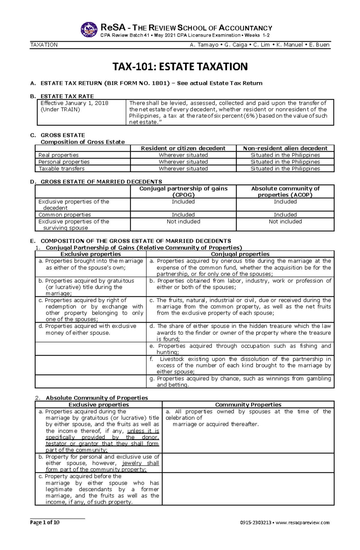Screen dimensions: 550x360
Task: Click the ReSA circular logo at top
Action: pyautogui.click(x=89, y=30)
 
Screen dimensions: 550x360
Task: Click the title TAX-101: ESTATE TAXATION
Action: pyautogui.click(x=180, y=67)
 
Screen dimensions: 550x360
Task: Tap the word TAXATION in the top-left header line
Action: pyautogui.click(x=44, y=45)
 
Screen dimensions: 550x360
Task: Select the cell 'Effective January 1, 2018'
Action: pyautogui.click(x=74, y=103)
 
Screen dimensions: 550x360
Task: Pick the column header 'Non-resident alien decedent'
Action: pyautogui.click(x=285, y=148)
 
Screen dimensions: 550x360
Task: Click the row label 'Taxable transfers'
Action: pyautogui.click(x=61, y=169)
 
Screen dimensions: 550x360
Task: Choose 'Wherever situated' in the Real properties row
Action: pyautogui.click(x=183, y=155)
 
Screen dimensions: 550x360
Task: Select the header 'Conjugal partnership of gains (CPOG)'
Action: pyautogui.click(x=183, y=192)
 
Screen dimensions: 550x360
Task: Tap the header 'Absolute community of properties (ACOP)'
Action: pyautogui.click(x=285, y=192)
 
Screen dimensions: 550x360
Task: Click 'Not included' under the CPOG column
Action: pyautogui.click(x=183, y=221)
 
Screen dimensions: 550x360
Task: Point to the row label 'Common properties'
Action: pyautogui.click(x=64, y=215)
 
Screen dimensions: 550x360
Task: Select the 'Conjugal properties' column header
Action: pyautogui.click(x=240, y=254)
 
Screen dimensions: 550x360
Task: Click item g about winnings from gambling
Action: pyautogui.click(x=240, y=382)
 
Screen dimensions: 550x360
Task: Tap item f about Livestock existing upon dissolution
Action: pyautogui.click(x=240, y=365)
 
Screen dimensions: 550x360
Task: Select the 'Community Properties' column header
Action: pyautogui.click(x=248, y=405)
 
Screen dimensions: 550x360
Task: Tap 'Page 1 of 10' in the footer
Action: pyautogui.click(x=45, y=522)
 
